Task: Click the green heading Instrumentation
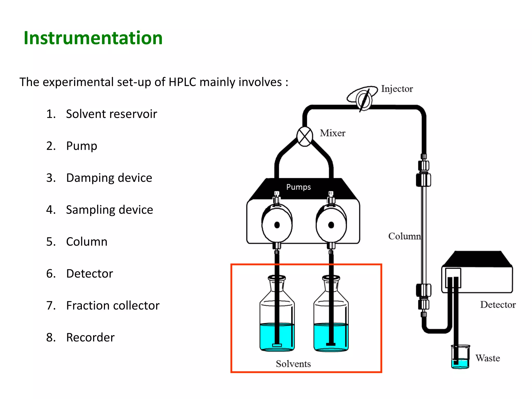[x=93, y=38]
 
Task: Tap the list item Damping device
[x=109, y=178]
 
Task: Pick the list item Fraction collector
[x=112, y=305]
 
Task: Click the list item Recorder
[x=90, y=337]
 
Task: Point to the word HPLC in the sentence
[x=182, y=82]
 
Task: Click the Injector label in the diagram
[x=397, y=89]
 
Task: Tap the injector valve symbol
[x=364, y=99]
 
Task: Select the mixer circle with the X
[x=304, y=136]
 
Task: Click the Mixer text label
[x=332, y=133]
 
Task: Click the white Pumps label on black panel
[x=298, y=187]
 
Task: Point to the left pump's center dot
[x=277, y=225]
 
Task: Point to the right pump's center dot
[x=331, y=225]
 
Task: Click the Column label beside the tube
[x=404, y=236]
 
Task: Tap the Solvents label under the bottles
[x=293, y=364]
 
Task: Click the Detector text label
[x=498, y=305]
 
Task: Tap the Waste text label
[x=488, y=358]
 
